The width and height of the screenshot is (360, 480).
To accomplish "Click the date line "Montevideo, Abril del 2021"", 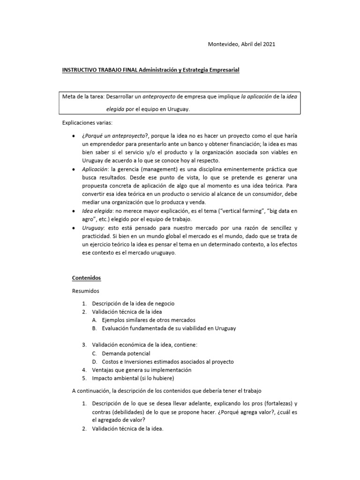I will (241, 44).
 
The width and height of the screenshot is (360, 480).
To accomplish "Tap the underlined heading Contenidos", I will (86, 278).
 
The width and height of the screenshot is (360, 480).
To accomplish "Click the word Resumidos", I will (85, 291).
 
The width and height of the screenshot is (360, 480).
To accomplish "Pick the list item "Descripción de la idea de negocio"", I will (133, 304).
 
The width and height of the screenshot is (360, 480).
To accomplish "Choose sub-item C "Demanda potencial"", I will (126, 353).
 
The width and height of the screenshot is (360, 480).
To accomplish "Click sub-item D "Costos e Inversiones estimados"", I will (168, 361).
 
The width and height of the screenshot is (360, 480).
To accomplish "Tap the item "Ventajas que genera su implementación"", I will (142, 370).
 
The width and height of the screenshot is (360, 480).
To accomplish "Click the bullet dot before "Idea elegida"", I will (75, 211).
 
